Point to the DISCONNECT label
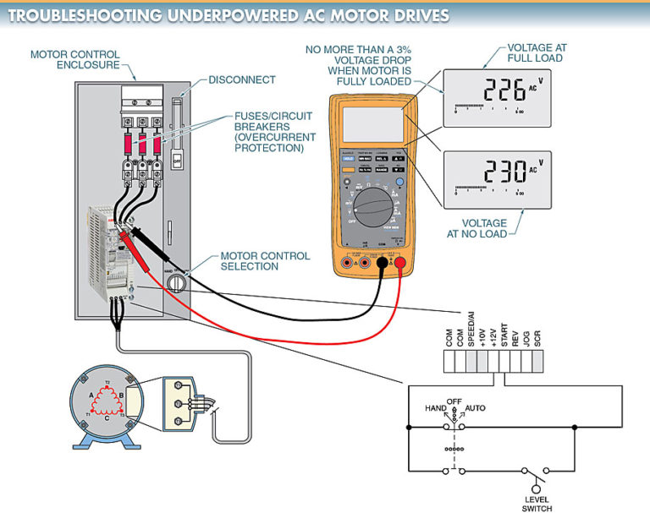click(244, 79)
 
